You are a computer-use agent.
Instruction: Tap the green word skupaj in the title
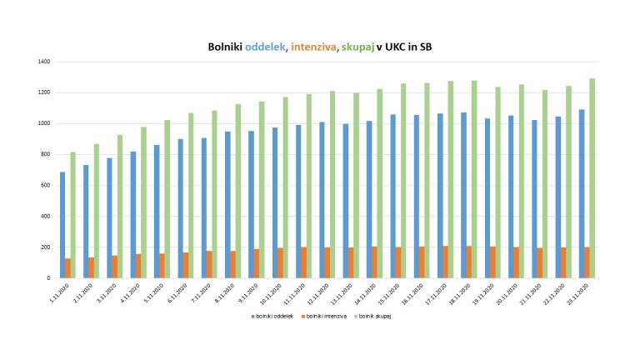(357, 47)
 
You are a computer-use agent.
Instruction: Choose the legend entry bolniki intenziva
(325, 316)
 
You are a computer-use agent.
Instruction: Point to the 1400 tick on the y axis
(44, 62)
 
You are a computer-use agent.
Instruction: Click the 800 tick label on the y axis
(46, 154)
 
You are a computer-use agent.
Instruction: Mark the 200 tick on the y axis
(46, 247)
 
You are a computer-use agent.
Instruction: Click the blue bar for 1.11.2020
(62, 225)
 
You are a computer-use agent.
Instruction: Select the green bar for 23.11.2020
(592, 178)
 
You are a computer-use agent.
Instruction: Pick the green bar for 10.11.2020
(285, 187)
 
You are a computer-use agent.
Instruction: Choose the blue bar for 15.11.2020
(392, 196)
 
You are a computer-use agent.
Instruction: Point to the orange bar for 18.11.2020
(468, 262)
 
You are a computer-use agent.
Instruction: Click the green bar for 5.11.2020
(167, 199)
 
